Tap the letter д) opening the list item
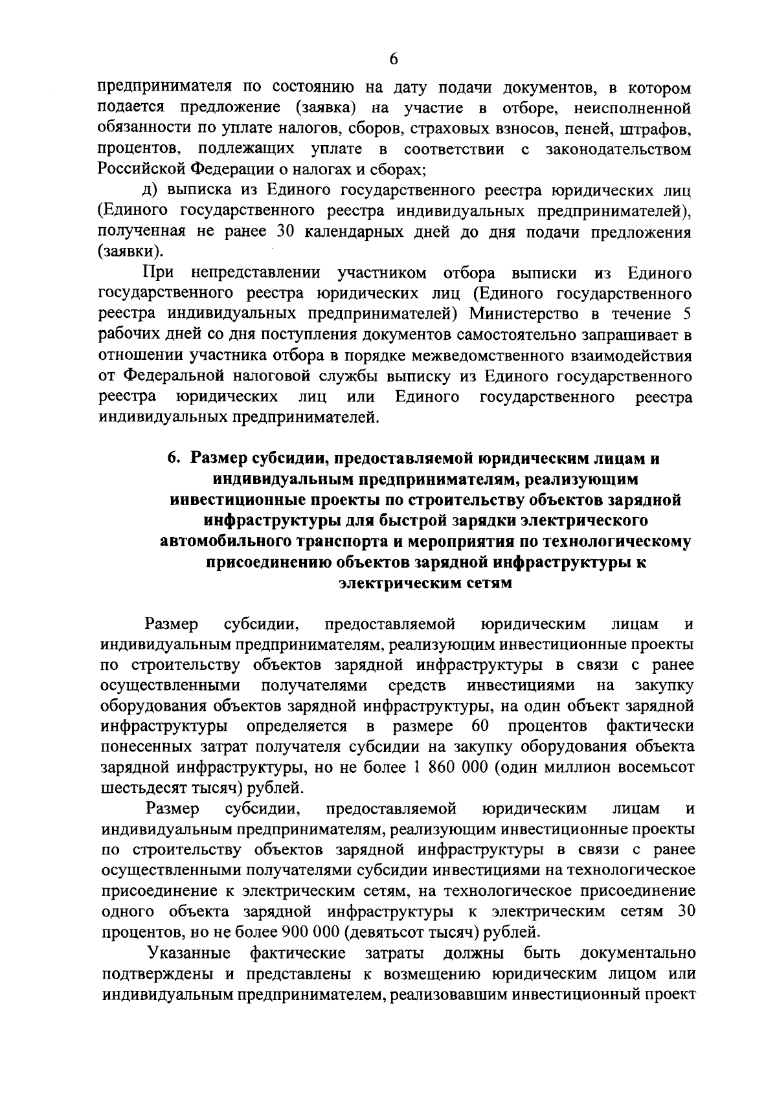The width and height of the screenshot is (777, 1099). click(x=151, y=191)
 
